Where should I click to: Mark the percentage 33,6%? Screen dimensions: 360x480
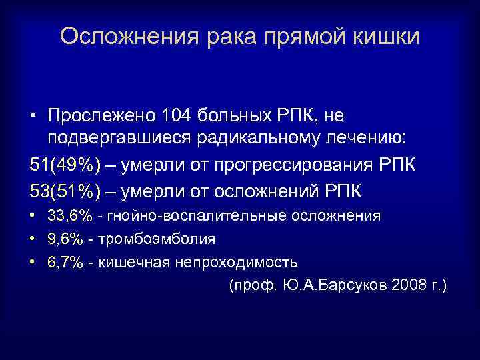(70, 216)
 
